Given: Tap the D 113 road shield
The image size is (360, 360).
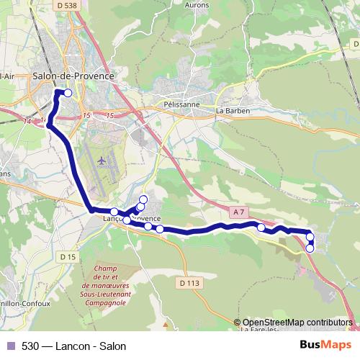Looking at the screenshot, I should click(188, 283).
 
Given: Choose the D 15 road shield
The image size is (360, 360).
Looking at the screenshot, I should click(68, 256).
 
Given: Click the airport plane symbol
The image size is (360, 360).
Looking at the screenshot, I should click(102, 160).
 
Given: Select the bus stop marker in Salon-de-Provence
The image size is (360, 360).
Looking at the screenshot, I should click(68, 93).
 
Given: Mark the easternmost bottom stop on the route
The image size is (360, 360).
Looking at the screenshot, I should click(310, 248).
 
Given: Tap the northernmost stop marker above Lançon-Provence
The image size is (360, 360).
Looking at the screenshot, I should click(143, 199).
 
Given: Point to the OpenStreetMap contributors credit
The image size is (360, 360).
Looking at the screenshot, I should click(297, 322).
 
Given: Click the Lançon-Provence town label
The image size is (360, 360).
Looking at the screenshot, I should click(132, 218).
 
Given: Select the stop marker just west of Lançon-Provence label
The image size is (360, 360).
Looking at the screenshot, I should click(114, 212).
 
